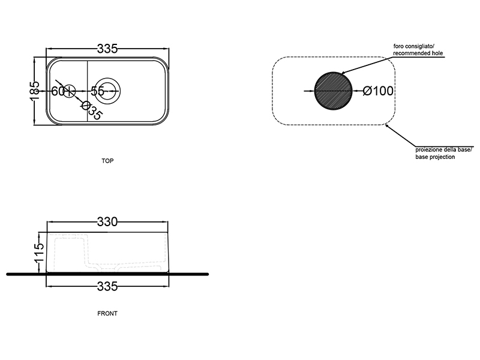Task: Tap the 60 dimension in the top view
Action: point(58,91)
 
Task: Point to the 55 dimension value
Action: point(98,91)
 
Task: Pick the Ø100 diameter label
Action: point(378,91)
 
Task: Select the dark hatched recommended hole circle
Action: point(334,91)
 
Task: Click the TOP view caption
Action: point(108,161)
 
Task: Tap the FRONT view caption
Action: point(107,313)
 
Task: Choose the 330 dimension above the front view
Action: point(107,222)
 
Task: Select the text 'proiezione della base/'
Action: point(445,149)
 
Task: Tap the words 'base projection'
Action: point(435,157)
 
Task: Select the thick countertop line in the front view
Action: point(180,274)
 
